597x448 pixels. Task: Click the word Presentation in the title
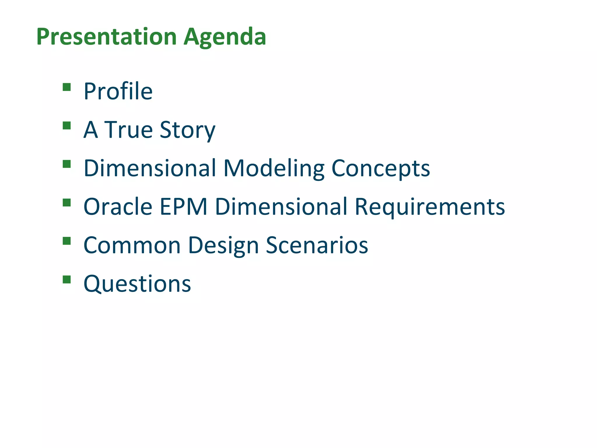point(107,37)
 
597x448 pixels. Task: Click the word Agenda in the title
point(225,37)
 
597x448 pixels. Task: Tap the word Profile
point(118,91)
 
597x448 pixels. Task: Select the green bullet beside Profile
point(67,87)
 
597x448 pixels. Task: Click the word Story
point(187,130)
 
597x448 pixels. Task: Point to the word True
point(129,130)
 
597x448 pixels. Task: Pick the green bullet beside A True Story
point(67,126)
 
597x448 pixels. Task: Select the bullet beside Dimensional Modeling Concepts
point(67,164)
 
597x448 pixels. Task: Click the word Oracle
point(118,207)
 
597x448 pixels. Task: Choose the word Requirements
point(430,207)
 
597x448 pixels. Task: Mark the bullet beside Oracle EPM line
point(67,203)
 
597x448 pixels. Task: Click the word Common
point(132,245)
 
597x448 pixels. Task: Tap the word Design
point(224,245)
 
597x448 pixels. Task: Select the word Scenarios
point(317,245)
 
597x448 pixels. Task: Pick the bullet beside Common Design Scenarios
point(67,241)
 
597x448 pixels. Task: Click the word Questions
point(137,284)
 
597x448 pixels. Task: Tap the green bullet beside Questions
point(67,280)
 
